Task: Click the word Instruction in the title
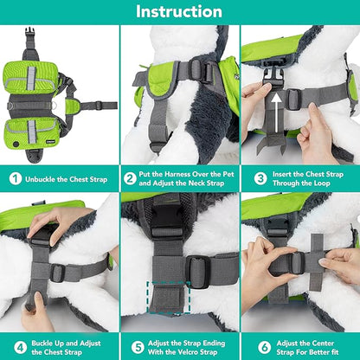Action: click(180, 12)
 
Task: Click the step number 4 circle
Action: click(16, 347)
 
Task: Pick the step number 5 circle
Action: click(132, 347)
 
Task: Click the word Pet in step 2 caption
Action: click(222, 175)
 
